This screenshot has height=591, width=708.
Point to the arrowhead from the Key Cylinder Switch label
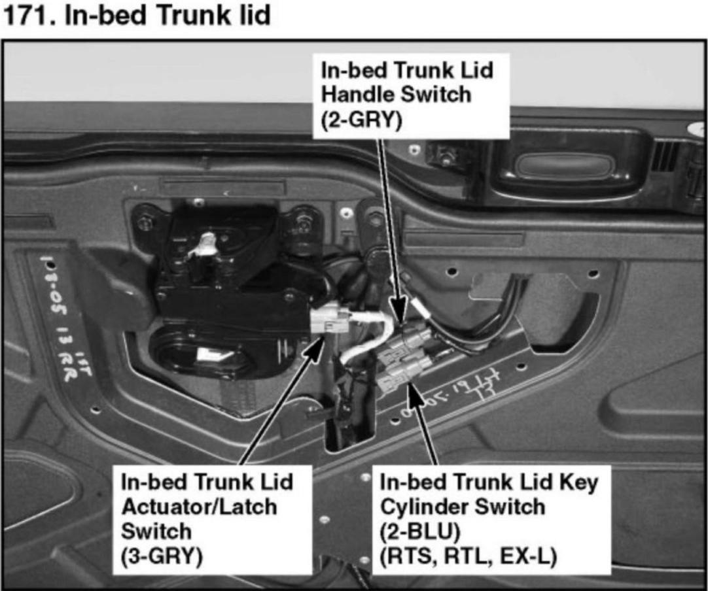pyautogui.click(x=410, y=392)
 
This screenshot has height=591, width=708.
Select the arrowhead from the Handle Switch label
pyautogui.click(x=400, y=311)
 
